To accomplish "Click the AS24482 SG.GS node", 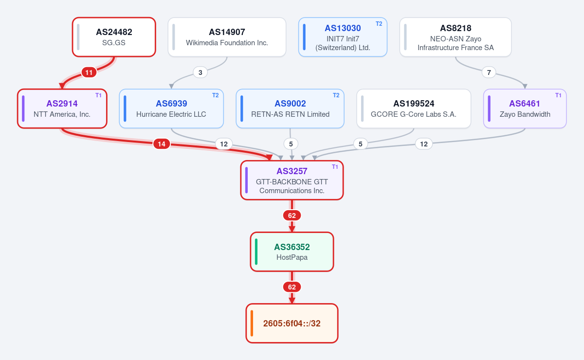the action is click(114, 37).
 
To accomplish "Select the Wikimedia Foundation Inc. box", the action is click(227, 37).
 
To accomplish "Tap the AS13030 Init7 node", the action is click(343, 37).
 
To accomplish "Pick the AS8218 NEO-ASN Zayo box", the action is click(456, 37).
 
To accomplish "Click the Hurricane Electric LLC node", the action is click(171, 108).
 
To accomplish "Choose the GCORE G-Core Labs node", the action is click(414, 108).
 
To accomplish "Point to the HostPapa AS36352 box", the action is click(292, 252).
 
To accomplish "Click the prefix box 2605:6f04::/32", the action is click(292, 323).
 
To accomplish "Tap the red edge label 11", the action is click(89, 72).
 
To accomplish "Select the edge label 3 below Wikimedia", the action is click(200, 72).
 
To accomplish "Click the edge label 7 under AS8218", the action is click(489, 72).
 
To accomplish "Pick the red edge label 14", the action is click(162, 144).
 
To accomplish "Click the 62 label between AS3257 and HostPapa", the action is click(292, 216).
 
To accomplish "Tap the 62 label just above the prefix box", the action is click(292, 287).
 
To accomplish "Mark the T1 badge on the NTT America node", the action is click(98, 95).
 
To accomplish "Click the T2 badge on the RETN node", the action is click(336, 95).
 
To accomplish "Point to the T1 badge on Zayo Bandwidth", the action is click(558, 95).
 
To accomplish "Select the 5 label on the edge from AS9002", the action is click(291, 144).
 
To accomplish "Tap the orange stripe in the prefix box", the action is click(252, 323).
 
